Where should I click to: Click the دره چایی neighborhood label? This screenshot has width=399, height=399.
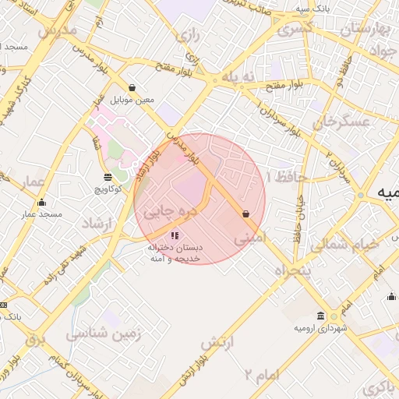pyautogui.click(x=172, y=210)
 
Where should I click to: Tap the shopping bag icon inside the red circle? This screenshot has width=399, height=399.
pyautogui.click(x=246, y=213)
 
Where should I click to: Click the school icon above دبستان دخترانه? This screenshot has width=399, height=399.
pyautogui.click(x=175, y=235)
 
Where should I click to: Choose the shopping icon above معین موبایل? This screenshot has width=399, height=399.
pyautogui.click(x=132, y=88)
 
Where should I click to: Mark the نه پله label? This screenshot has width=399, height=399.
pyautogui.click(x=238, y=77)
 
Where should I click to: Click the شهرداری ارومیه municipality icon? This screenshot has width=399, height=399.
pyautogui.click(x=334, y=316)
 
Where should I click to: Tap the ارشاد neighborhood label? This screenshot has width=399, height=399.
pyautogui.click(x=98, y=224)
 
